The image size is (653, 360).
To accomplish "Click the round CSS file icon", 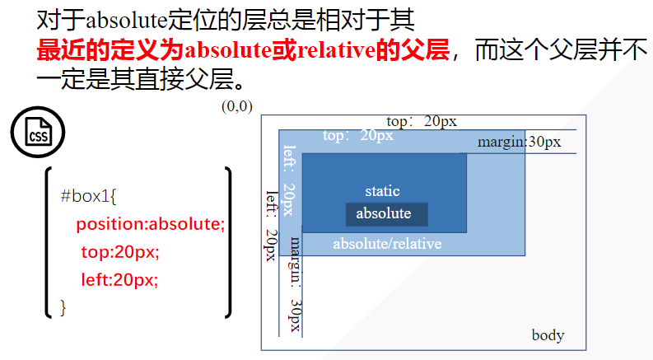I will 37,135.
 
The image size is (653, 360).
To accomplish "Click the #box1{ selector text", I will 90,196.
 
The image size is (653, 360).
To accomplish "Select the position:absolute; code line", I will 150,224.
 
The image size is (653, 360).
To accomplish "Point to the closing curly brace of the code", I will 63,307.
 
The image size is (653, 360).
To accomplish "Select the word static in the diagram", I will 382,191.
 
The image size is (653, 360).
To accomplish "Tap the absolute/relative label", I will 387,244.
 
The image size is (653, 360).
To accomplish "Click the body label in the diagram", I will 548,335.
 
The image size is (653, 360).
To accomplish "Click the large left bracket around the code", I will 49,242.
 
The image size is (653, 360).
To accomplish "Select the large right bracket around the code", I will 227,242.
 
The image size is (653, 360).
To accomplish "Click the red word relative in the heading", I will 338,51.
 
